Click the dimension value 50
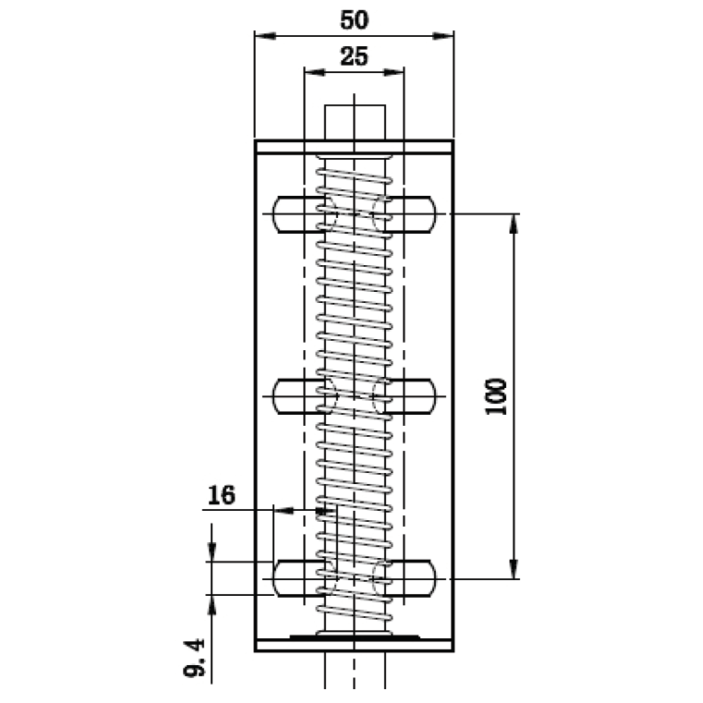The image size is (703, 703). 354,19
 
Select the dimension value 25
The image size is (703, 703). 354,56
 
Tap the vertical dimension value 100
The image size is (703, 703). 496,396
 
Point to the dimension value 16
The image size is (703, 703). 221,495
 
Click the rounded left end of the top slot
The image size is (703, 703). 278,214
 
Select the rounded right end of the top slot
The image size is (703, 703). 430,214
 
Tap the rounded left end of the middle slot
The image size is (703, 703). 278,396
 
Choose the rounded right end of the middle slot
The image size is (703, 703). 430,396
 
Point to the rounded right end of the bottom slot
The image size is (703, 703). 430,578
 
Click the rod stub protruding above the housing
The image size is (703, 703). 355,121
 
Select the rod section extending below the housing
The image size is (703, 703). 355,670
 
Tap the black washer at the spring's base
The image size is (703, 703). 355,636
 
